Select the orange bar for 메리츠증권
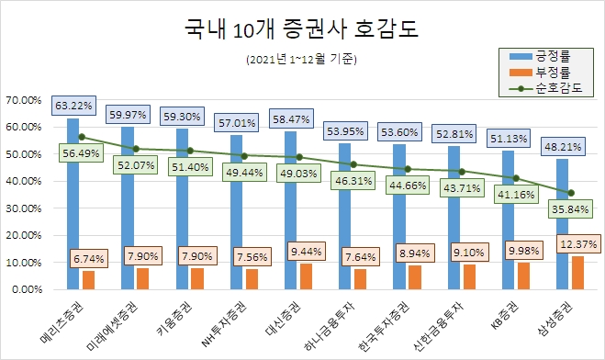pyautogui.click(x=88, y=279)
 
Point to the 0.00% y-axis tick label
pyautogui.click(x=28, y=289)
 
